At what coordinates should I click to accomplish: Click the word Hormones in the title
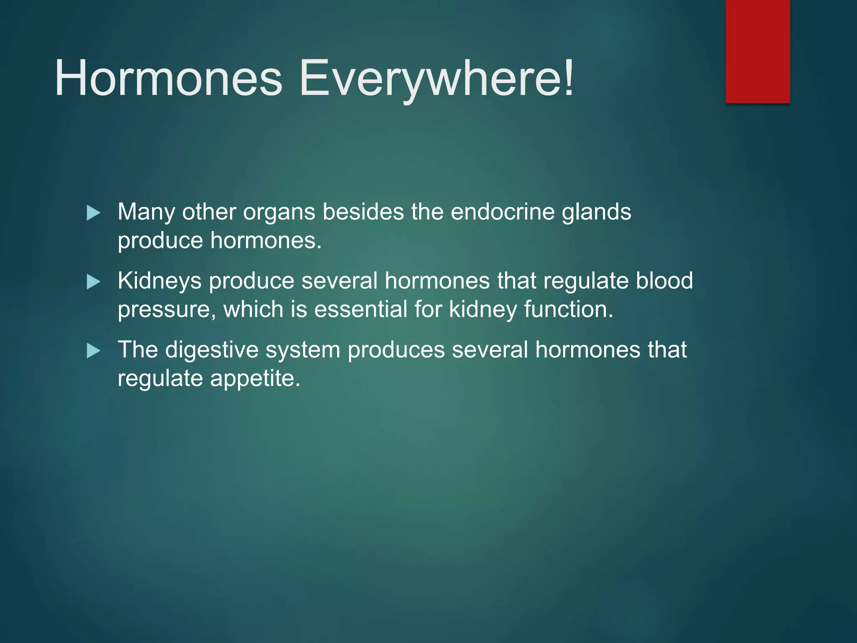point(168,78)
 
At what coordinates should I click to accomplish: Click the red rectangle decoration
point(757,51)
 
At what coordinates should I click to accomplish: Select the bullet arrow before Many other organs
point(93,213)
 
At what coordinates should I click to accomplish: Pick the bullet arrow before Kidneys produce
point(93,282)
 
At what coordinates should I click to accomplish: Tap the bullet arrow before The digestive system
point(93,351)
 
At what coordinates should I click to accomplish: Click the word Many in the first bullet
point(146,212)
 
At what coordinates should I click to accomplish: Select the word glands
point(596,212)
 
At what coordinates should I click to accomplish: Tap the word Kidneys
point(159,281)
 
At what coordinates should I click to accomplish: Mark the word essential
point(360,310)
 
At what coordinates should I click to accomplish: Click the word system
point(303,350)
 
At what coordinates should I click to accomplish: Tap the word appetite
point(255,378)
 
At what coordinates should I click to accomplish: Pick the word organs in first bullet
point(279,212)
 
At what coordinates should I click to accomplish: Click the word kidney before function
point(483,310)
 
